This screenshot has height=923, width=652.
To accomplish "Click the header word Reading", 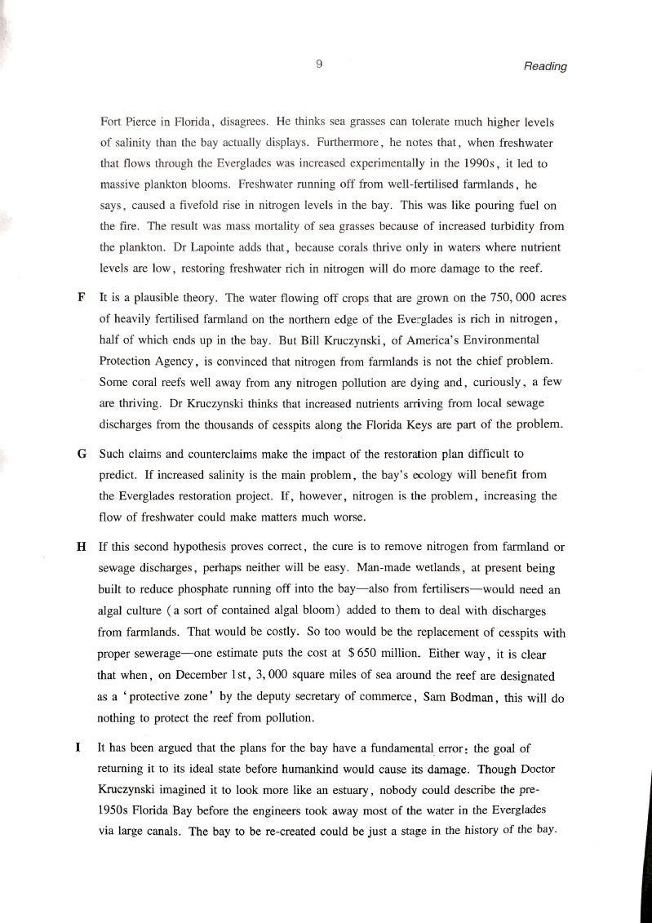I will tap(544, 66).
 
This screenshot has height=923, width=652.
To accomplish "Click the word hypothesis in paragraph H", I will tap(192, 546).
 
